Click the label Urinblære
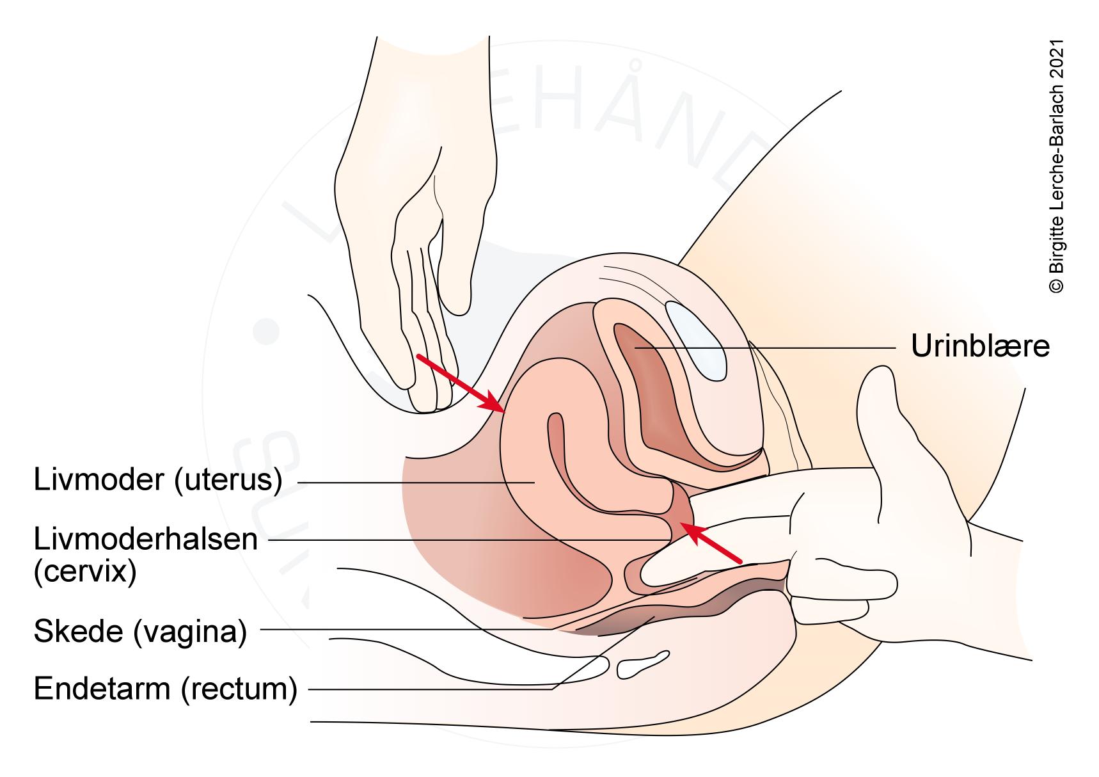(980, 346)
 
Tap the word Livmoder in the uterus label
(99, 480)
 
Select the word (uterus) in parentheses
(228, 480)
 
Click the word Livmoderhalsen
(145, 539)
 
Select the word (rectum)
(239, 689)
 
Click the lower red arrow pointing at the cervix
(710, 542)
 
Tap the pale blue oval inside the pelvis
(696, 337)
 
